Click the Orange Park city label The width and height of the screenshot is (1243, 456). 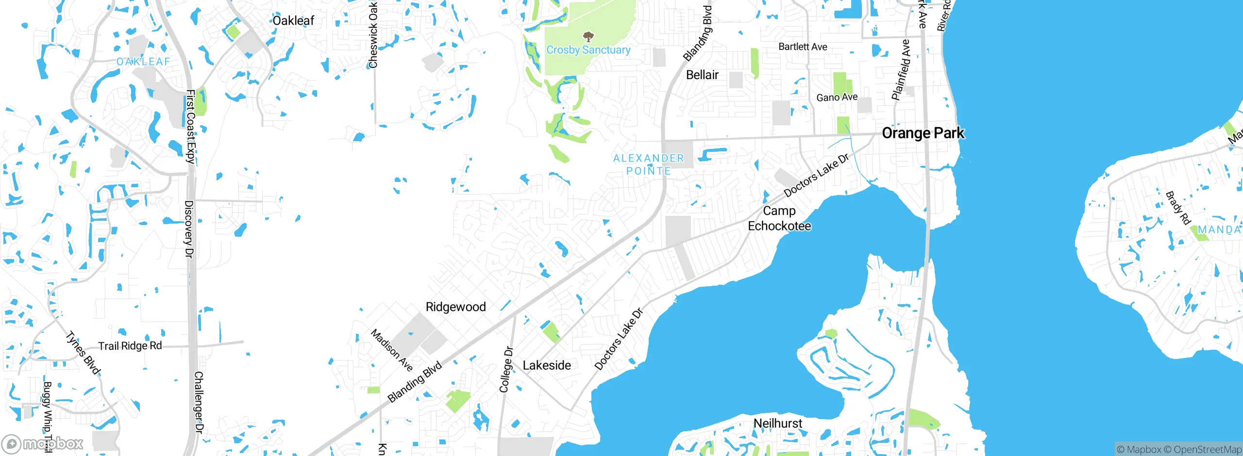coord(923,133)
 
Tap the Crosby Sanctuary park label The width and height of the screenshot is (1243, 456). coord(588,50)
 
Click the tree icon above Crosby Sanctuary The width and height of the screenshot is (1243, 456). coord(588,36)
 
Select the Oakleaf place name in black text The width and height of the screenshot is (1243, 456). coord(293,20)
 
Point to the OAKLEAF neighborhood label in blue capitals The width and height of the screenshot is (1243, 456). coord(143,62)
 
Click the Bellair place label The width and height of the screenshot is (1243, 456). coord(702,75)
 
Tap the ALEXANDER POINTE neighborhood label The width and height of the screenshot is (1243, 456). coord(648,164)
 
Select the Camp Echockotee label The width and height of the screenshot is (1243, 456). coord(779,218)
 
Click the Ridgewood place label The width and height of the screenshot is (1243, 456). coord(455,307)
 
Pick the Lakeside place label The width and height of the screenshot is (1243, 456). coord(547,365)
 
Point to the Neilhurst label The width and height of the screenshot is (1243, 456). coord(778,423)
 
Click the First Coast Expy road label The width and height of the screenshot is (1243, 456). coord(190,126)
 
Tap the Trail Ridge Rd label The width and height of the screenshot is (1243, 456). coord(130,346)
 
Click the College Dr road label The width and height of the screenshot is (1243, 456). coord(506,370)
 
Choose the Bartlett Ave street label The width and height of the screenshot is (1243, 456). coord(803,47)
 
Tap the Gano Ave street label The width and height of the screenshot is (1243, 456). coord(837,98)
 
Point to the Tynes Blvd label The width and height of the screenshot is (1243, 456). coord(83,353)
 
